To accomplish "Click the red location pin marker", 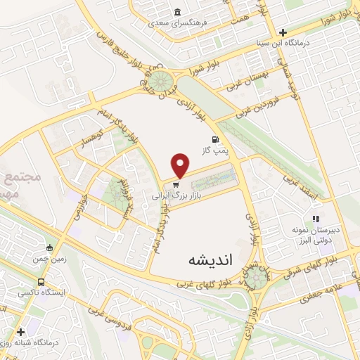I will click(x=181, y=165).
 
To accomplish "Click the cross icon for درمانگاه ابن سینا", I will click(x=283, y=32).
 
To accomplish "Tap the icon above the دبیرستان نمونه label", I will click(x=316, y=219).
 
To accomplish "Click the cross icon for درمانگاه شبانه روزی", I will click(x=20, y=331).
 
